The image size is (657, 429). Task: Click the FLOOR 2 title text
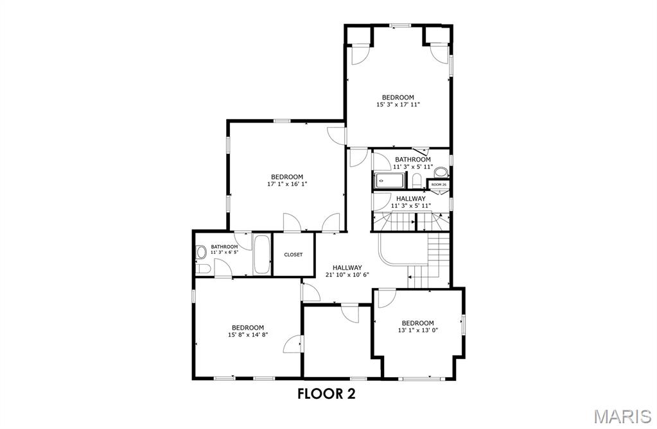pyautogui.click(x=326, y=394)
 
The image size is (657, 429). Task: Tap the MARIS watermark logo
pyautogui.click(x=622, y=417)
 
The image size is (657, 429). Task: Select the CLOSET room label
pyautogui.click(x=293, y=255)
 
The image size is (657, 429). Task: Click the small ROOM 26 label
pyautogui.click(x=439, y=185)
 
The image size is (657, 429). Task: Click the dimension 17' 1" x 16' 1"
pyautogui.click(x=286, y=183)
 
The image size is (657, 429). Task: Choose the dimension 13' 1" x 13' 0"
pyautogui.click(x=417, y=330)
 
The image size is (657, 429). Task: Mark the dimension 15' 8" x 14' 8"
pyautogui.click(x=248, y=334)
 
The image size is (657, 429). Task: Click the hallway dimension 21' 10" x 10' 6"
pyautogui.click(x=347, y=274)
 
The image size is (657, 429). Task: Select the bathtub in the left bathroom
pyautogui.click(x=263, y=255)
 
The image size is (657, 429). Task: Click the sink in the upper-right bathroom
pyautogui.click(x=441, y=172)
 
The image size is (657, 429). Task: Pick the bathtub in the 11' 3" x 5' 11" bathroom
pyautogui.click(x=389, y=180)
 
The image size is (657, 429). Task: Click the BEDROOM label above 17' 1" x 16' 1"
pyautogui.click(x=286, y=177)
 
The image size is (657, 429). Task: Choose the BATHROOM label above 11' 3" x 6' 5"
pyautogui.click(x=224, y=247)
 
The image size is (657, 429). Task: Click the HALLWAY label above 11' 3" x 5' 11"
pyautogui.click(x=411, y=199)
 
